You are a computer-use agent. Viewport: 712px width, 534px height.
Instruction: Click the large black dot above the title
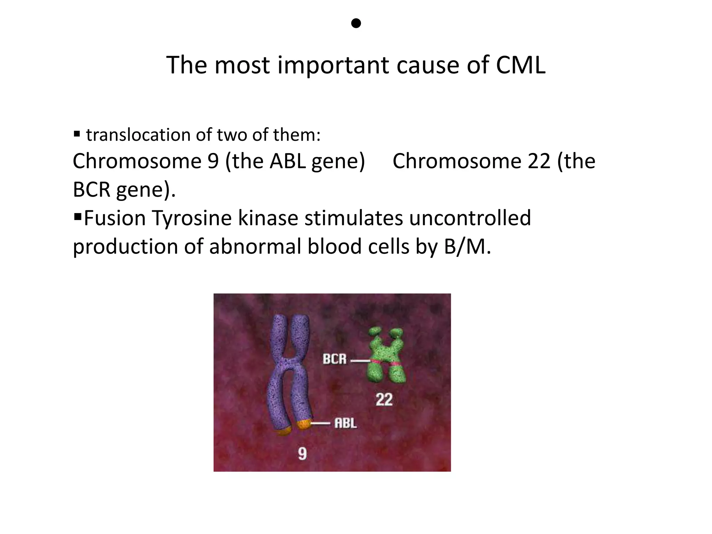[x=356, y=23]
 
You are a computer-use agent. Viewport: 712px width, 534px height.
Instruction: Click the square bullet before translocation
[x=77, y=134]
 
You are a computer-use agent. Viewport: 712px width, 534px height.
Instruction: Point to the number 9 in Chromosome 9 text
[x=213, y=161]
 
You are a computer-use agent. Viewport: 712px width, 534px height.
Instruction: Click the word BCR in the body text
[x=91, y=189]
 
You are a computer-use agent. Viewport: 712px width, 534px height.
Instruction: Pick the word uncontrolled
[x=470, y=218]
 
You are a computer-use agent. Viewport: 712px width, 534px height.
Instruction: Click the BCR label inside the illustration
[x=334, y=359]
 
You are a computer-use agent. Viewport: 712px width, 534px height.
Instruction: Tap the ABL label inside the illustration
[x=346, y=423]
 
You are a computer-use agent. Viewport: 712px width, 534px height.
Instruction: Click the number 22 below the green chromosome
[x=384, y=399]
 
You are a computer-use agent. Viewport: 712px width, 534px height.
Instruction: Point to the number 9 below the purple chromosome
[x=302, y=454]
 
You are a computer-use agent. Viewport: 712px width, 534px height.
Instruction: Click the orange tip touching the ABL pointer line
[x=303, y=424]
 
